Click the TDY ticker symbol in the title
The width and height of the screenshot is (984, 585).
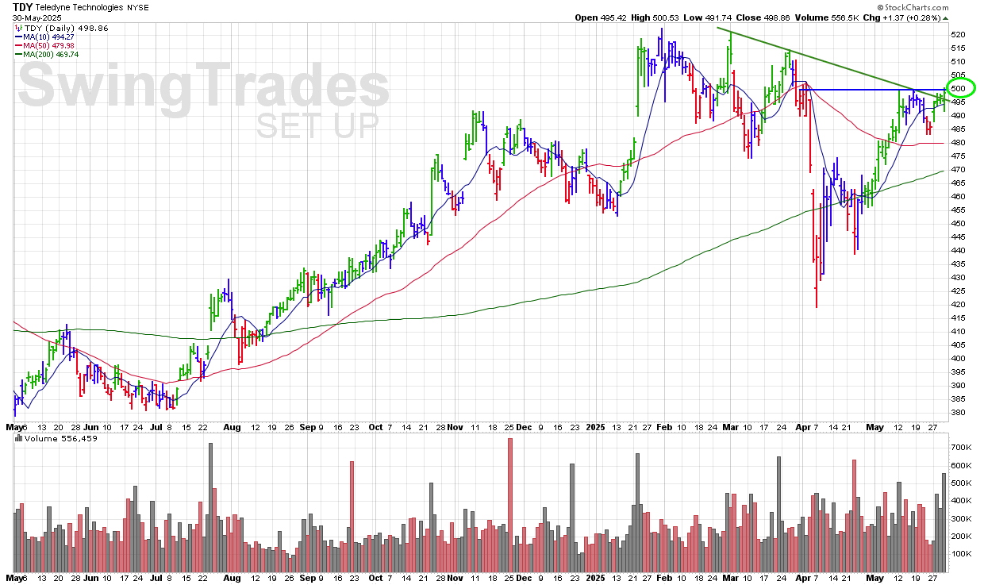coord(22,6)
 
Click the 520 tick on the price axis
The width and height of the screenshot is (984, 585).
coord(958,35)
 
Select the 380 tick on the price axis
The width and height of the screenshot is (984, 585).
coord(958,413)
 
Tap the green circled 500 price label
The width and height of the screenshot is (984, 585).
coord(959,89)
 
